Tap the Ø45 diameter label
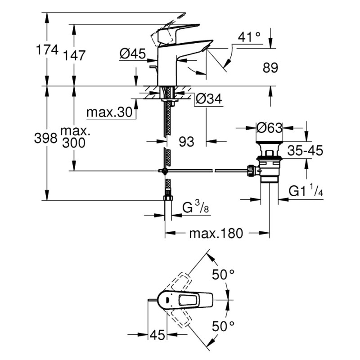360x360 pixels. click(x=132, y=54)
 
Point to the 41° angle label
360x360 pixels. click(x=249, y=37)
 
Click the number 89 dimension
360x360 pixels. click(x=270, y=67)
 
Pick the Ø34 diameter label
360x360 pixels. click(x=210, y=99)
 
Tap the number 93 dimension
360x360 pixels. click(x=186, y=142)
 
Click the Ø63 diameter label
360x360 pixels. click(x=269, y=128)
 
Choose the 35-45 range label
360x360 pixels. click(x=306, y=151)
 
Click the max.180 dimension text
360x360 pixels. click(x=216, y=233)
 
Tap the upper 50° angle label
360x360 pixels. click(x=224, y=274)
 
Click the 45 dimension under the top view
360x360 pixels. click(x=156, y=335)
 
